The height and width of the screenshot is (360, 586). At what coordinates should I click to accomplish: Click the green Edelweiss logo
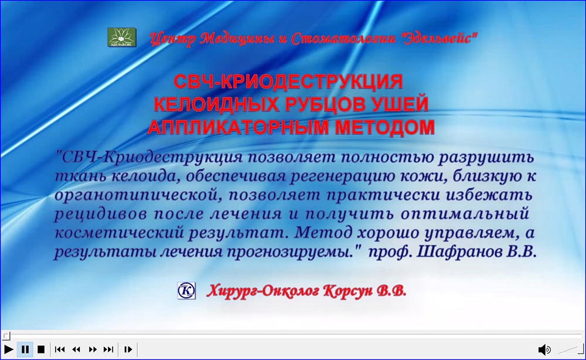pos(122,37)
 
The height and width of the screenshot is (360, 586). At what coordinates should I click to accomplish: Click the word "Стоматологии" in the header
pos(343,38)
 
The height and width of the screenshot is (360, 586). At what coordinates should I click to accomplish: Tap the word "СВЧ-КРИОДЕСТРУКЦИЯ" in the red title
pos(288,81)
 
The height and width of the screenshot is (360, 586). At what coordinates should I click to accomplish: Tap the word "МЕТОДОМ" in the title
pos(384,127)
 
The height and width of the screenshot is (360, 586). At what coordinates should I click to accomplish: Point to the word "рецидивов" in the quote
pos(101,214)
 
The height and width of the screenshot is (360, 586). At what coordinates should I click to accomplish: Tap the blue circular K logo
pos(186,290)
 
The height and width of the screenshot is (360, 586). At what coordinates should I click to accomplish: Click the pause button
pos(25,349)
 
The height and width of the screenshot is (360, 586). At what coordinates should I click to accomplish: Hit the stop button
pos(41,349)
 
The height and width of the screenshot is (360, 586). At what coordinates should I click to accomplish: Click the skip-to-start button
pos(60,349)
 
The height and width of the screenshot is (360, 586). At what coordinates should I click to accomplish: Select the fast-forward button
pos(93,349)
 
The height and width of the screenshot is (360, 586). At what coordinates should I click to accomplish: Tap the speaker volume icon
pos(544,349)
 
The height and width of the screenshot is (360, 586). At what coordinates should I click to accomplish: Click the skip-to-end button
pos(108,349)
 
